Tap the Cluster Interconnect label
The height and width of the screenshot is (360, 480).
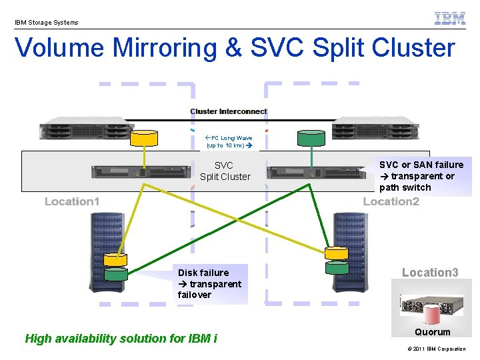click(x=229, y=111)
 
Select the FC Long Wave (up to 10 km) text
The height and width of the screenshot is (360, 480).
click(x=229, y=141)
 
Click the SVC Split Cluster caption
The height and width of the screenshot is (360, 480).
click(x=225, y=171)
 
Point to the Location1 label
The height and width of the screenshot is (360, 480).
click(x=72, y=201)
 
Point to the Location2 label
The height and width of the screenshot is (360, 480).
click(x=391, y=201)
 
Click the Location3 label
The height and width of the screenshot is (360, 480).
click(x=430, y=272)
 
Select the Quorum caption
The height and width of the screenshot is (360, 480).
click(x=432, y=331)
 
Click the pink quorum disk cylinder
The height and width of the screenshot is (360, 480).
click(x=432, y=313)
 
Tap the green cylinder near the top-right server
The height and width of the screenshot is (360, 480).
click(x=311, y=138)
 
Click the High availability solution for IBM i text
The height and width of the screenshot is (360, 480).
click(x=121, y=339)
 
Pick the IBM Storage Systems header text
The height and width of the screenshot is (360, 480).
click(x=47, y=22)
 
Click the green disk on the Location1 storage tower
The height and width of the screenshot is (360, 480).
click(x=116, y=274)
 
